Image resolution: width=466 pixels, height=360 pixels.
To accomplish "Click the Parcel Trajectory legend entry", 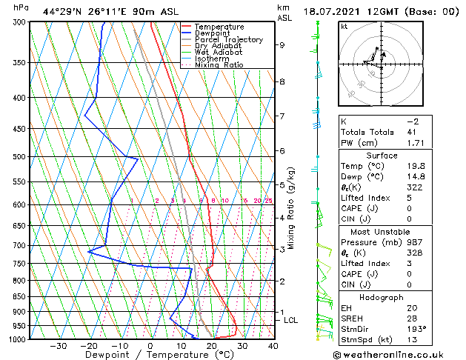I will tap(228, 40).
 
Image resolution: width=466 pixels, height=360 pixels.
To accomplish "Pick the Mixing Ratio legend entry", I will tap(219, 65).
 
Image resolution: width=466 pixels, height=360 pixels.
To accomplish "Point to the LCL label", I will tap(290, 320).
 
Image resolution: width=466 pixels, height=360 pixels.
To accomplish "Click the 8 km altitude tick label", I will tap(282, 81).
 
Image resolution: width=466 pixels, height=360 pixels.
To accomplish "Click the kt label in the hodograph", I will tap(344, 26).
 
